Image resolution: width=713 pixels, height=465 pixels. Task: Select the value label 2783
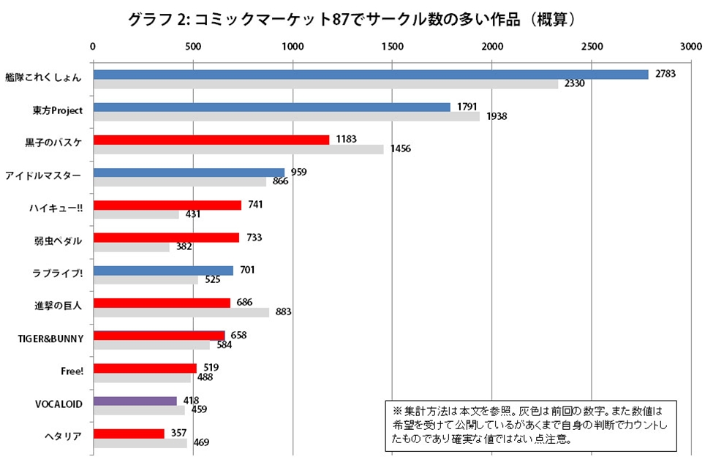[x=664, y=75]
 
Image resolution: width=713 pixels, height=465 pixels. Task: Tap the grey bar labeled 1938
[x=286, y=117]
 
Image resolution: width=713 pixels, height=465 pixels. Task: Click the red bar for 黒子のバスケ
[x=211, y=140]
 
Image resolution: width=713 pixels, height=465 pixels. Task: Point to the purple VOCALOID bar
[x=135, y=401]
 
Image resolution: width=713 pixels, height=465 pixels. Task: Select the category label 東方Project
[x=58, y=110]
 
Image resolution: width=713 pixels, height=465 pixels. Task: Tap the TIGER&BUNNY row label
[x=50, y=339]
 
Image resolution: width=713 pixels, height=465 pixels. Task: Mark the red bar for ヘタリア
[x=129, y=434]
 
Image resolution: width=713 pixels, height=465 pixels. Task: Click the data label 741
[x=255, y=205]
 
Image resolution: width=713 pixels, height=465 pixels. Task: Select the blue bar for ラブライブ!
[x=163, y=271]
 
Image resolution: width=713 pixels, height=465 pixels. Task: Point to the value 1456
[x=400, y=149]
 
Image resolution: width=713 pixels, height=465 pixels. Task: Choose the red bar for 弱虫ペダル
[x=166, y=238]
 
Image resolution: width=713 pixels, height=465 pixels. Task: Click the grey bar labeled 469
[x=140, y=443]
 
